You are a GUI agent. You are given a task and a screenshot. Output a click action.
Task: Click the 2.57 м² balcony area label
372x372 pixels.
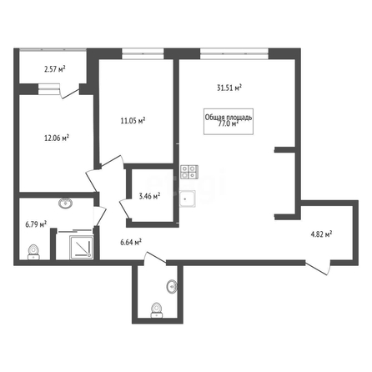[55, 69]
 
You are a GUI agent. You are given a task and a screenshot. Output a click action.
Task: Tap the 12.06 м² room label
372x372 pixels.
[57, 138]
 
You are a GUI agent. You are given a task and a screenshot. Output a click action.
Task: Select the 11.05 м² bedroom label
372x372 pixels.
[133, 121]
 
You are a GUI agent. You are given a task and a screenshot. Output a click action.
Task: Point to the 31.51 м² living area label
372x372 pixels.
[229, 88]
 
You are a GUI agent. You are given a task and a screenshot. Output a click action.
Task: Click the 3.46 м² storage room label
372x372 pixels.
[149, 196]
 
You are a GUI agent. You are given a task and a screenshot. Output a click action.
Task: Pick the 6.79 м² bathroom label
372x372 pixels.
[36, 224]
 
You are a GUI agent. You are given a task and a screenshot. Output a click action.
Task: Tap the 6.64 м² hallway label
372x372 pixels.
[131, 243]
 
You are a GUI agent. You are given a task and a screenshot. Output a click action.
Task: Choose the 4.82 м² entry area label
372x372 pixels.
[321, 234]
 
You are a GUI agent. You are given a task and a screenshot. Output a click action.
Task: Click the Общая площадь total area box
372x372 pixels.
[229, 122]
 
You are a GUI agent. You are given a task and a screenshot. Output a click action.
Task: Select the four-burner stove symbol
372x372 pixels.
[189, 172]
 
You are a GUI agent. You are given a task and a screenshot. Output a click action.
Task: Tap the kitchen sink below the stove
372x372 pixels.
[188, 199]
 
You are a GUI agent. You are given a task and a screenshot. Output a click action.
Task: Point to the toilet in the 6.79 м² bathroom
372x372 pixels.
[34, 253]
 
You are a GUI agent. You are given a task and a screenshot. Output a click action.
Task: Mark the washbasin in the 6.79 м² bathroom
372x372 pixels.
[66, 204]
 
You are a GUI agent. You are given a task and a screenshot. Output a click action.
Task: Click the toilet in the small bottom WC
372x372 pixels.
[157, 310]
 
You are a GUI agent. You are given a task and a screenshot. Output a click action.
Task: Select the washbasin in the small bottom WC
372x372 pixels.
[172, 286]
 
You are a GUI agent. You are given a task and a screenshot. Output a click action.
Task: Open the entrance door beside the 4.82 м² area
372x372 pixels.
[319, 268]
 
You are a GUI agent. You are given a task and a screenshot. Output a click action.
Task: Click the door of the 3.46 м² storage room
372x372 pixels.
[124, 209]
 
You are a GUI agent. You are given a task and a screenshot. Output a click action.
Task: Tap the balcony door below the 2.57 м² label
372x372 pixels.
[70, 93]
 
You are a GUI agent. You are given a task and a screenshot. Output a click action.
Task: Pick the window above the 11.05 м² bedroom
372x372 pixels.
[143, 54]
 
